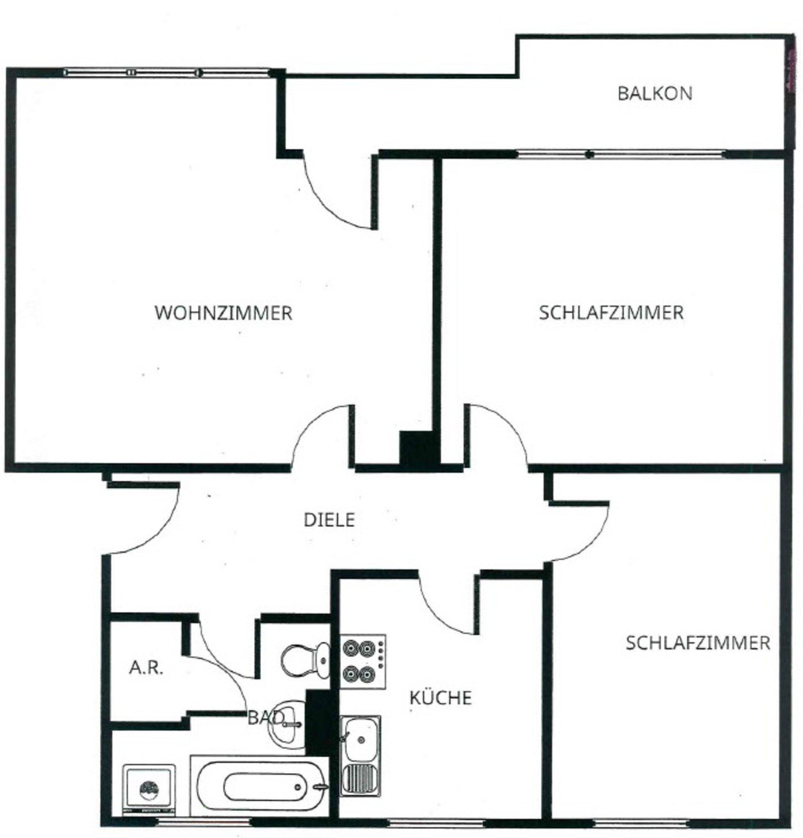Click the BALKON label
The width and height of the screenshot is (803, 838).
click(x=654, y=93)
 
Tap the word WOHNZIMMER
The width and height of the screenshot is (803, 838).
click(x=223, y=313)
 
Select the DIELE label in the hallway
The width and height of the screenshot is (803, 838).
click(x=329, y=520)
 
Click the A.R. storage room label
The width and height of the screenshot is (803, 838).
click(x=146, y=668)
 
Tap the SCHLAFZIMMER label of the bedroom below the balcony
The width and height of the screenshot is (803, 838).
click(x=611, y=313)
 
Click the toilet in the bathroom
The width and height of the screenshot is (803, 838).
click(x=305, y=660)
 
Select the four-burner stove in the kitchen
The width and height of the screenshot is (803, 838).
click(x=362, y=661)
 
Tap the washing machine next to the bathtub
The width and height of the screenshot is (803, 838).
click(x=148, y=789)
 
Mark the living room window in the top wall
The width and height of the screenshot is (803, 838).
click(x=166, y=72)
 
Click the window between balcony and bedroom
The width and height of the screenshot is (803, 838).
click(x=621, y=154)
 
